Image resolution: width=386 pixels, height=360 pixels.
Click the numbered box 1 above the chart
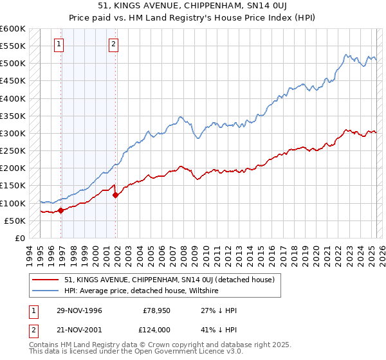59,44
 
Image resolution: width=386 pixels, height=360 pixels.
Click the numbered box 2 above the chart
113,44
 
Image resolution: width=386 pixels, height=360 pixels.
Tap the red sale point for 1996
60,210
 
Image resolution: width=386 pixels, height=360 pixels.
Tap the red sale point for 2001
115,195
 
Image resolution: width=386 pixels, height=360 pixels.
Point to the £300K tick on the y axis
13,134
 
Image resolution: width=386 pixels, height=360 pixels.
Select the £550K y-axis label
13,47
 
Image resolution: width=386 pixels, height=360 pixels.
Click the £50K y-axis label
15,221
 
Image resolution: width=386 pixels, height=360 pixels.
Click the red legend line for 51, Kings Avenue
46,280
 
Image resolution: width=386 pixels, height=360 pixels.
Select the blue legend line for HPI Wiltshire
46,291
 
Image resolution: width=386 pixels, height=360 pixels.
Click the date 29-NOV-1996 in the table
79,310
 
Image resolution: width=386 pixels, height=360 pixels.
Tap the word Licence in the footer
185,353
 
